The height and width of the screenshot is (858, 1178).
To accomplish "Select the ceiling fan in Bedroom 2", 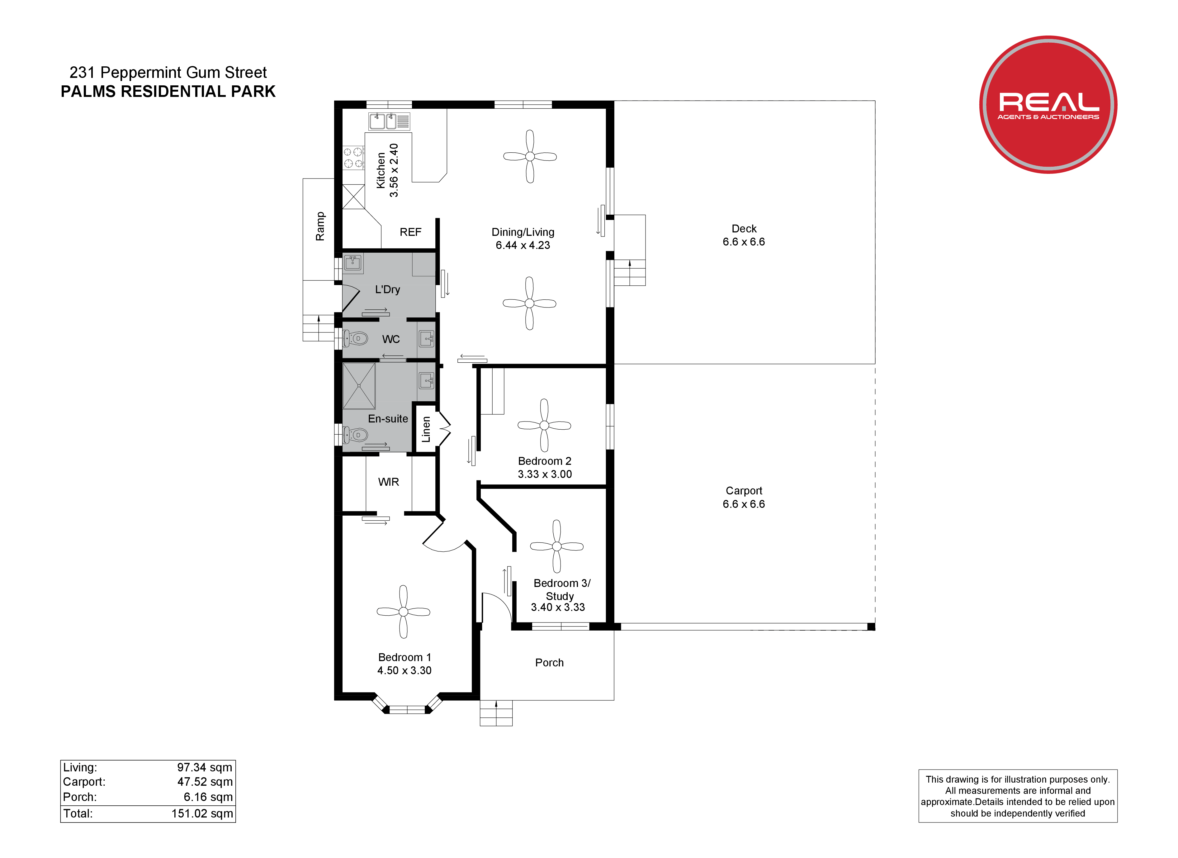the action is (x=544, y=425).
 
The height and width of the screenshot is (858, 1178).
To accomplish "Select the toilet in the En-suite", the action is (x=355, y=435).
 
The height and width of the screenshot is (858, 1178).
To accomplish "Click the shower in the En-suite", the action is (x=359, y=386).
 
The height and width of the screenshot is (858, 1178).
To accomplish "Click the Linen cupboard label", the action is (x=426, y=429).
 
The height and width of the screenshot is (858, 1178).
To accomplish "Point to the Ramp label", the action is (x=320, y=226).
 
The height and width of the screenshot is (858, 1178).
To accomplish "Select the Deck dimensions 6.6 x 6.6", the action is (x=744, y=242).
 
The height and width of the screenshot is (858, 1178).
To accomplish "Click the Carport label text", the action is (x=744, y=491).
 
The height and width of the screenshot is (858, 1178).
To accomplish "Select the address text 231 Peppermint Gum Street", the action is (x=168, y=72).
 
